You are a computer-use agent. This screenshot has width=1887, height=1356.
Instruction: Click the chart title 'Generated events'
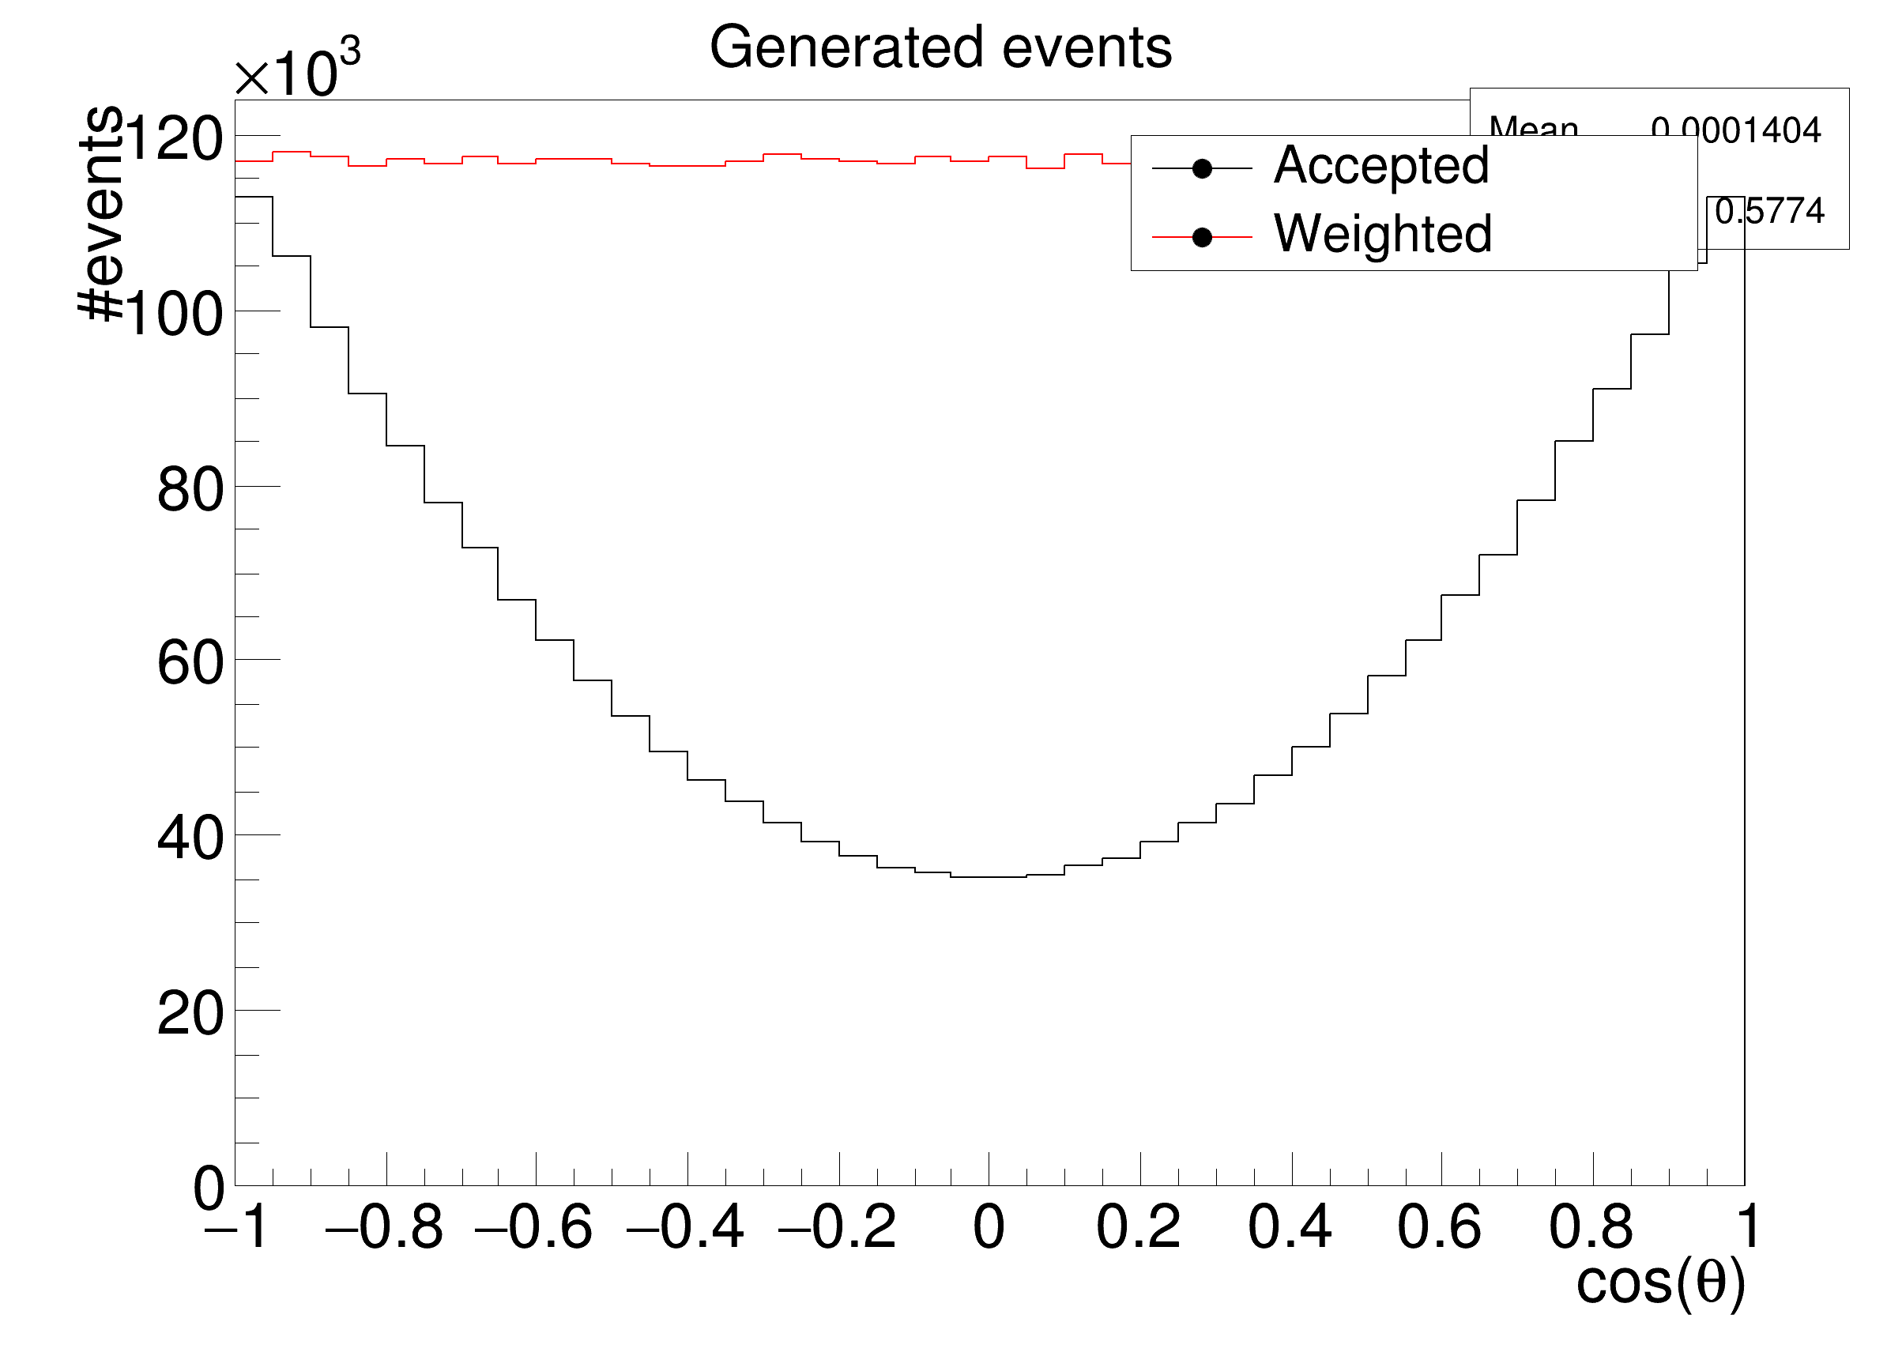pyautogui.click(x=940, y=48)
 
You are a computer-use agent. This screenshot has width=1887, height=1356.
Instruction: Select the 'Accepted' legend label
pyautogui.click(x=1381, y=164)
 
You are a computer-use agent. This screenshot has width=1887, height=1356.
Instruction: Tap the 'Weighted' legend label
pyautogui.click(x=1383, y=234)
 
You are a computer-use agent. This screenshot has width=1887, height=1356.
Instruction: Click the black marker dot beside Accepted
pyautogui.click(x=1201, y=169)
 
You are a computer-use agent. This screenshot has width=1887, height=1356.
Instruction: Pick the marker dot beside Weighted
pyautogui.click(x=1201, y=238)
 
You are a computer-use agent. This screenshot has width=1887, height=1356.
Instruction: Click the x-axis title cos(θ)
pyautogui.click(x=1660, y=1283)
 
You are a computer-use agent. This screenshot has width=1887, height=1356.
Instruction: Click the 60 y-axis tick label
pyautogui.click(x=190, y=664)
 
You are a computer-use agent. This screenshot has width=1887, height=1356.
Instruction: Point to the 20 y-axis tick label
pyautogui.click(x=190, y=1015)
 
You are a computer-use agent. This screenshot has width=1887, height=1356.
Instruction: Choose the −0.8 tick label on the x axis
pyautogui.click(x=384, y=1228)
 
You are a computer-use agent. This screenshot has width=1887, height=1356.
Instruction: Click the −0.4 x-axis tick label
pyautogui.click(x=686, y=1228)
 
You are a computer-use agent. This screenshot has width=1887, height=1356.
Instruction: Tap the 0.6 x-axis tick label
pyautogui.click(x=1440, y=1228)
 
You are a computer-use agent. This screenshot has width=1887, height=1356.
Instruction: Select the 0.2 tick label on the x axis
pyautogui.click(x=1138, y=1228)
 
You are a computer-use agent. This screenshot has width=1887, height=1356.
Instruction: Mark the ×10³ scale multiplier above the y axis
pyautogui.click(x=297, y=73)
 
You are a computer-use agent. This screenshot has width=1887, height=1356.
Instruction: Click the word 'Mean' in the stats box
pyautogui.click(x=1534, y=126)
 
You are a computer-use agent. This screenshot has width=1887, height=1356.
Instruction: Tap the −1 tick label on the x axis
pyautogui.click(x=236, y=1228)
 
